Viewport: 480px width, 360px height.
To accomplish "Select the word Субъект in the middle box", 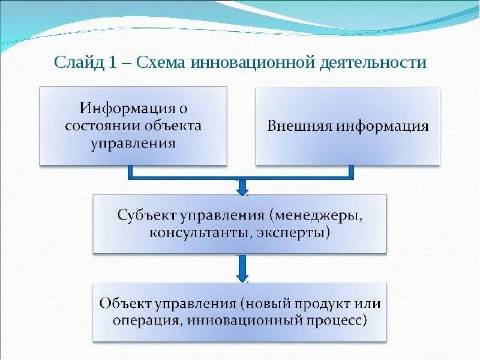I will [x=144, y=214].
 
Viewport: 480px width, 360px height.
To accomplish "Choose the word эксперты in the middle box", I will [x=294, y=232].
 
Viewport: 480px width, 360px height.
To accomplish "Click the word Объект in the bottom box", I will [x=125, y=302].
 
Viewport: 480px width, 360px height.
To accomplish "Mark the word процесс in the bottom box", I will [x=337, y=320].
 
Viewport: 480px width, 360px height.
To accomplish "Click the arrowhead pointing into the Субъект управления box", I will [x=242, y=190].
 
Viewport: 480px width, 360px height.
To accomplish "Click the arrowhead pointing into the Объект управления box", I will [x=242, y=277].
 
